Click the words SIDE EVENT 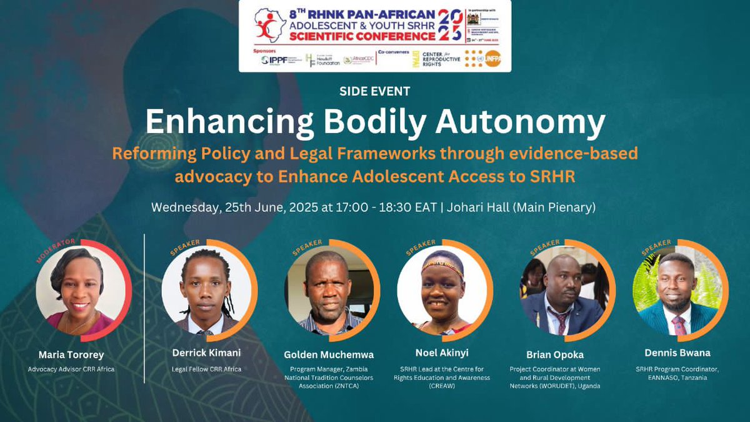pyautogui.click(x=374, y=91)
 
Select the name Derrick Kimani pyautogui.click(x=207, y=353)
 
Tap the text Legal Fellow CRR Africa pyautogui.click(x=206, y=369)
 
